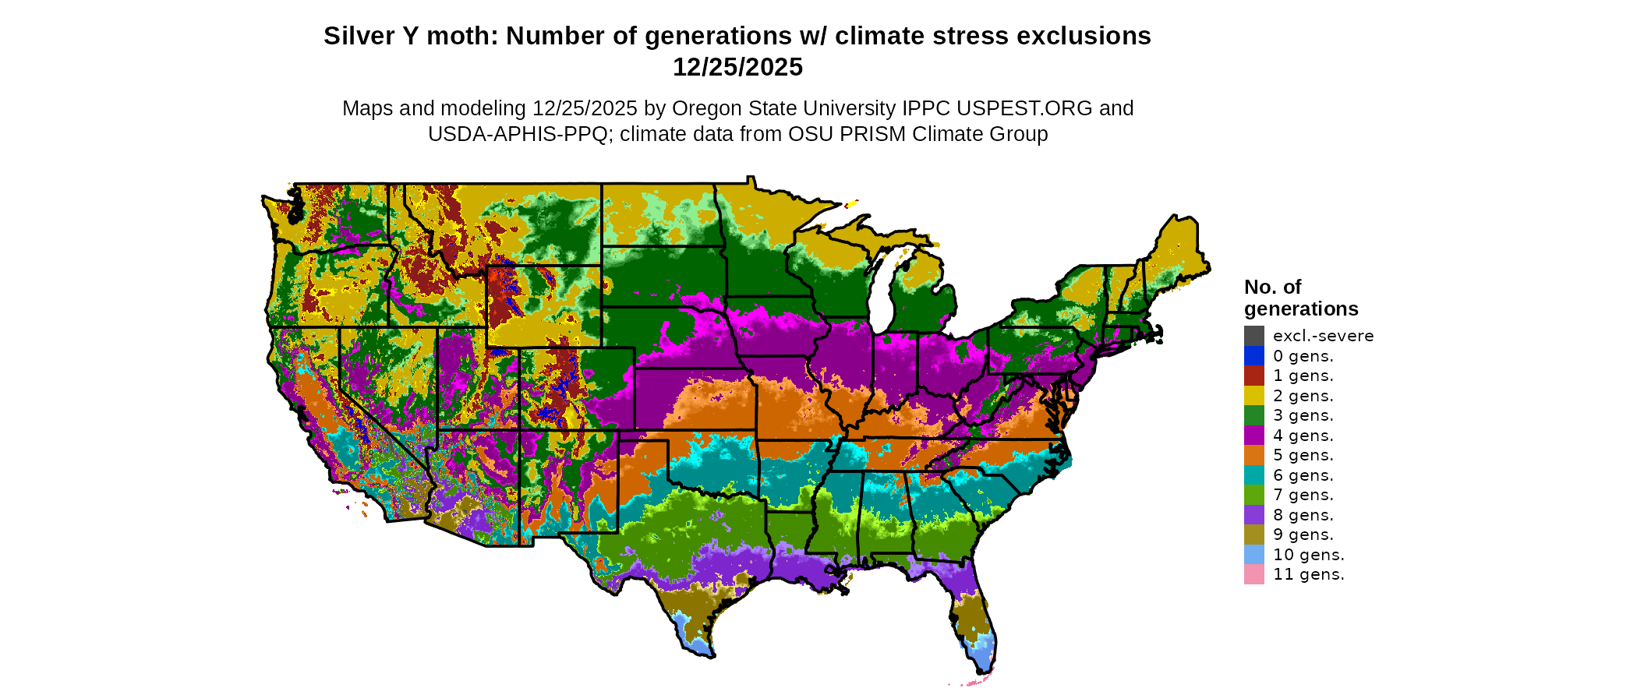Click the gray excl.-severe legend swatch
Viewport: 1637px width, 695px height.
click(x=1253, y=336)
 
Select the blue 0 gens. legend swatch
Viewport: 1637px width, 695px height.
click(x=1253, y=356)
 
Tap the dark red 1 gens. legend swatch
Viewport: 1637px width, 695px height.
click(x=1253, y=376)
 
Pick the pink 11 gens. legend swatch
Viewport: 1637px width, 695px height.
click(x=1253, y=574)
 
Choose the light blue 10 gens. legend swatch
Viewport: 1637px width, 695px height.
click(x=1253, y=555)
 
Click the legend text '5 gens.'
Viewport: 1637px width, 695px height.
click(x=1303, y=455)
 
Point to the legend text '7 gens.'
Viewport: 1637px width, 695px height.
click(x=1303, y=495)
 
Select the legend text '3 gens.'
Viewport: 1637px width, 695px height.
click(x=1303, y=415)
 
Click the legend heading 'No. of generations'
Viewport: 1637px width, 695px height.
click(x=1300, y=298)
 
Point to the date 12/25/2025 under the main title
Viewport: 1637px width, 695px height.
click(x=737, y=67)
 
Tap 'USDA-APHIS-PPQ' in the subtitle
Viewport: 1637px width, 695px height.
click(x=518, y=134)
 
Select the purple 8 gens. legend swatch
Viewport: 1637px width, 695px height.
click(x=1253, y=515)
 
